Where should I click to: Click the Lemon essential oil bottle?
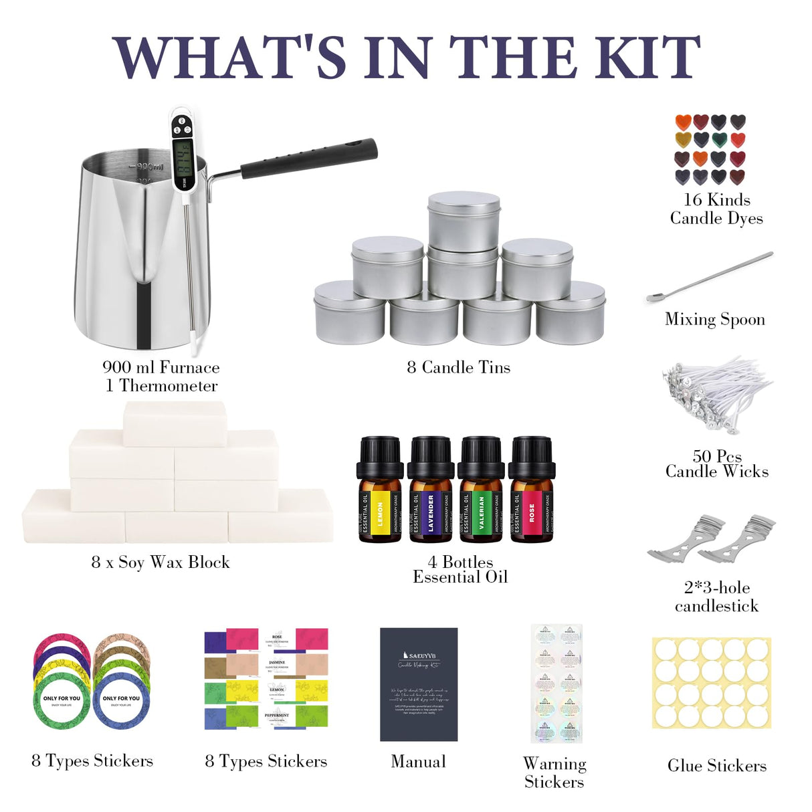[380, 492]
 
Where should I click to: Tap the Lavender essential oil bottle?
[431, 492]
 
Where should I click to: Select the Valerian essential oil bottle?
[481, 492]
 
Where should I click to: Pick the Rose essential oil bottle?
[532, 492]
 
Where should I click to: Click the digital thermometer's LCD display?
[183, 159]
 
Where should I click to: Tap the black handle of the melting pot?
[308, 159]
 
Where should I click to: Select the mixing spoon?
[709, 278]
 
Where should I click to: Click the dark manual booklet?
[419, 684]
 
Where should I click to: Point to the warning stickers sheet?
[556, 684]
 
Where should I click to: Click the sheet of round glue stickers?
[712, 682]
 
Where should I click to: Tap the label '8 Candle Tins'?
[458, 367]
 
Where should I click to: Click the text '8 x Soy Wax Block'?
[161, 562]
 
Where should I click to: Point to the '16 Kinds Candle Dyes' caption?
[716, 209]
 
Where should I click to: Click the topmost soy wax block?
[175, 423]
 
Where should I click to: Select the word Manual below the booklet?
[418, 761]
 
